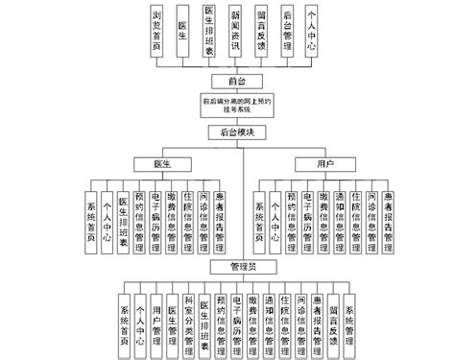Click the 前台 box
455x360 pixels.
pyautogui.click(x=227, y=81)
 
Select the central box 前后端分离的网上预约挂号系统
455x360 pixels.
pyautogui.click(x=228, y=104)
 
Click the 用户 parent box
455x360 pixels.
pyautogui.click(x=325, y=165)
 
